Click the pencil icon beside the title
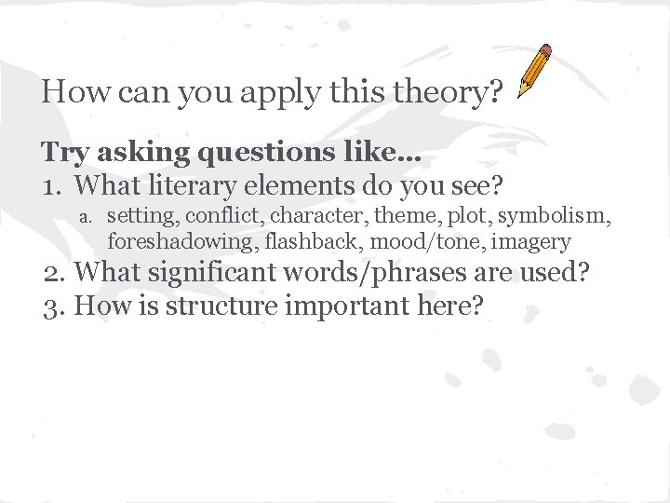[534, 70]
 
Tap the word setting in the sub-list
[142, 217]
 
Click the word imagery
[530, 242]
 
